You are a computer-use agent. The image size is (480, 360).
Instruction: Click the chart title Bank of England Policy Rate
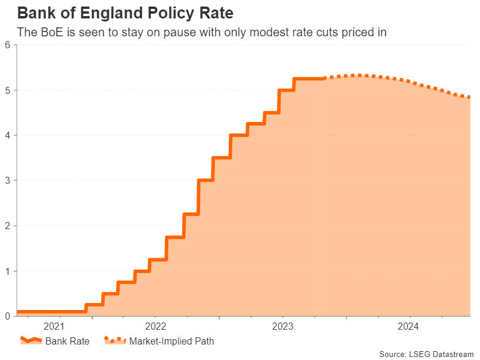(125, 12)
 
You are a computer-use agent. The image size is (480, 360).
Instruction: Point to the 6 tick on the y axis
(8, 45)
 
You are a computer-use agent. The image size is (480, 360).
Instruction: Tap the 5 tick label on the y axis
(8, 90)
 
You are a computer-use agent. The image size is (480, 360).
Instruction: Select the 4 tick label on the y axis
(8, 136)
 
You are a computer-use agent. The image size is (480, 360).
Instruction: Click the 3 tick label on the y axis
(8, 180)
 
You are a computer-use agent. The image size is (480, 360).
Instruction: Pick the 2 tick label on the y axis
(8, 226)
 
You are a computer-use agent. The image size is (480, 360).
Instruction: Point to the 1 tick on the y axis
(8, 271)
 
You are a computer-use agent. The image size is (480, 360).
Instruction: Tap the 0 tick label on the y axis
(8, 316)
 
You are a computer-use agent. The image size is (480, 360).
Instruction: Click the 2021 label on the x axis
(54, 326)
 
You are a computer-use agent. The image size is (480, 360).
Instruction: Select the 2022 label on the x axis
(156, 326)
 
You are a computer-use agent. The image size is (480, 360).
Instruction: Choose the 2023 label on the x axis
(282, 326)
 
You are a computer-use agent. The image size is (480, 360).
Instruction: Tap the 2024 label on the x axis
(409, 326)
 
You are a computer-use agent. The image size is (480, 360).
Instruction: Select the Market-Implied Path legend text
(172, 342)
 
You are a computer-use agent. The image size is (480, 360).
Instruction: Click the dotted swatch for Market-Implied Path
(115, 341)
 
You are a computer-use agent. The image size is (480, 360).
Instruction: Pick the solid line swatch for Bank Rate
(32, 341)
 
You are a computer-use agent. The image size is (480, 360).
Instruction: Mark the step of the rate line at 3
(205, 180)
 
